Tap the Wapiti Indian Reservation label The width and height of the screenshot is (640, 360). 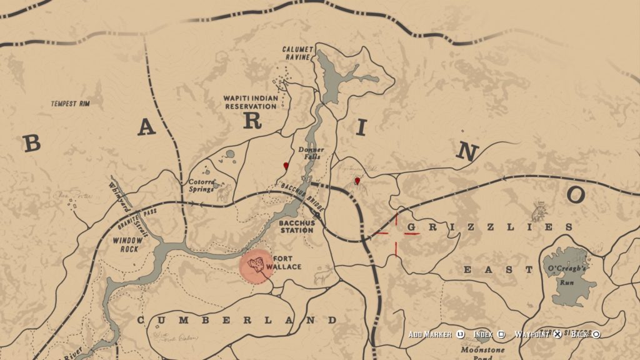(x=250, y=102)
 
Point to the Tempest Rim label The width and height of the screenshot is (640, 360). (x=70, y=103)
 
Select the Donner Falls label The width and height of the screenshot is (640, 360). (x=311, y=153)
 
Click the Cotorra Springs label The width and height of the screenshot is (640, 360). (x=202, y=186)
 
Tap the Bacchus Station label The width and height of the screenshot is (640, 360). (x=296, y=226)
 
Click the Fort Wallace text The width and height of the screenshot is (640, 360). (x=285, y=262)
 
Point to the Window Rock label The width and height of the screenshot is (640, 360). (x=127, y=244)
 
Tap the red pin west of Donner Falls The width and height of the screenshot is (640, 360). (x=286, y=166)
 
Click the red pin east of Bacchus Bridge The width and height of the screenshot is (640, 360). (x=357, y=181)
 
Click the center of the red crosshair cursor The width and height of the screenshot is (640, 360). (x=396, y=234)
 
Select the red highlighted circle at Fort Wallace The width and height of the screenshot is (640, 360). (x=256, y=267)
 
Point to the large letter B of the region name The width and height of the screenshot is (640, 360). (x=31, y=143)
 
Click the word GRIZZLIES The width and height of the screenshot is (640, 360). (x=489, y=227)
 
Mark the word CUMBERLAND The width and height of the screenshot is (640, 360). (x=237, y=321)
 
